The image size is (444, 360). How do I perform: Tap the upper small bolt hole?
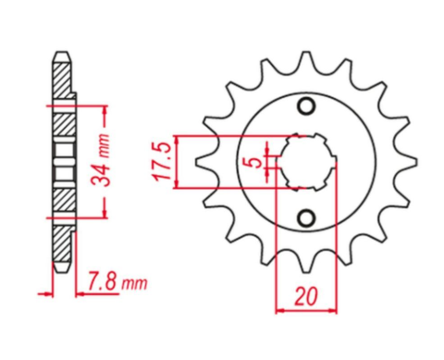304,107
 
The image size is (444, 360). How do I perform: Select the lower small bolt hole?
304,218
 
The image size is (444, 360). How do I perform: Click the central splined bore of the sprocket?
304,163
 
